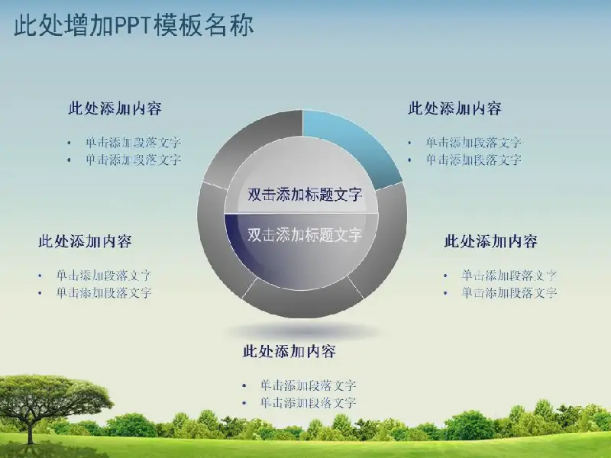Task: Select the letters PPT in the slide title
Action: [133, 25]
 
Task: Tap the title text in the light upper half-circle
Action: [305, 195]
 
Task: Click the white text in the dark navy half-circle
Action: [305, 234]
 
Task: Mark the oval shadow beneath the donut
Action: [303, 332]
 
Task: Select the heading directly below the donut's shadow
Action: [289, 351]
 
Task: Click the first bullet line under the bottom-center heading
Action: [308, 385]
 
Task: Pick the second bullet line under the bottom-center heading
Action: [308, 402]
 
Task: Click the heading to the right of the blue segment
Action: [454, 108]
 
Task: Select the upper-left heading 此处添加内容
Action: [115, 108]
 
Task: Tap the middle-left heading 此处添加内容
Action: [85, 241]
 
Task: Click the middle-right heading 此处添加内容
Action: [491, 241]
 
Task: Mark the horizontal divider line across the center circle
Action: [301, 214]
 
